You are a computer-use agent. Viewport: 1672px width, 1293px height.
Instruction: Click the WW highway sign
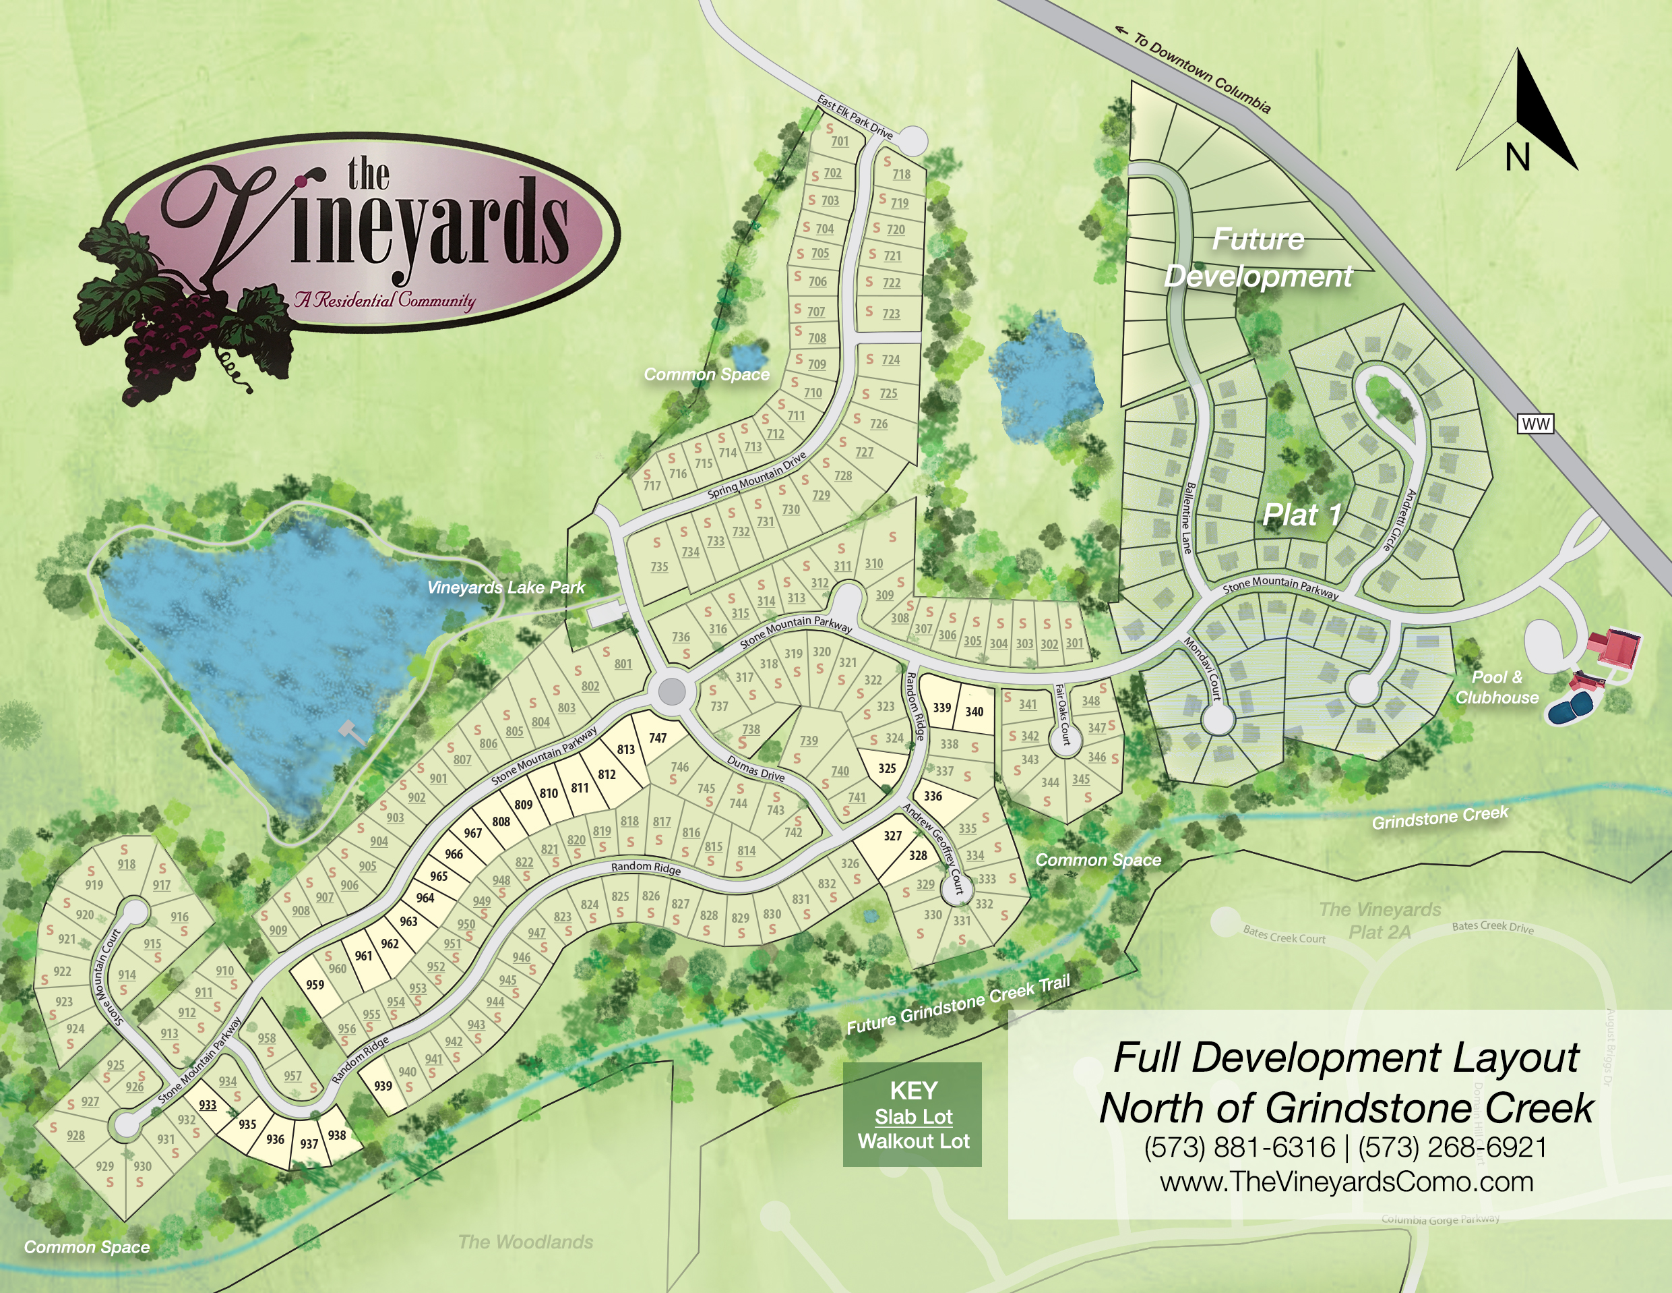click(1535, 424)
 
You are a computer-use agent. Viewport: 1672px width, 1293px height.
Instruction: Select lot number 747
click(658, 739)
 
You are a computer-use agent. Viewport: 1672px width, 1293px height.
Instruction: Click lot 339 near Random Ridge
click(941, 707)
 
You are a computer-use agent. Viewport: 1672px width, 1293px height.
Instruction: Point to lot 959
click(315, 985)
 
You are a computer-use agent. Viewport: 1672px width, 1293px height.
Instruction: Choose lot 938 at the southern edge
click(337, 1135)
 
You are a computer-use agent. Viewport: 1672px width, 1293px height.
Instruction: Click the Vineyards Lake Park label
click(505, 587)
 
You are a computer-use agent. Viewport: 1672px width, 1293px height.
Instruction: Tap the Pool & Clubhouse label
click(1497, 687)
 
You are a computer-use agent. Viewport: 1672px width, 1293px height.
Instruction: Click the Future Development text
click(1258, 258)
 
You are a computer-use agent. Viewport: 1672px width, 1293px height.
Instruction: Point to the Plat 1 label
click(1301, 515)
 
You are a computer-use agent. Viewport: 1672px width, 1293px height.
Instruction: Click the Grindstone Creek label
click(1439, 817)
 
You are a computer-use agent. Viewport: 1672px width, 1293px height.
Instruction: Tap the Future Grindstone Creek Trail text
click(958, 1004)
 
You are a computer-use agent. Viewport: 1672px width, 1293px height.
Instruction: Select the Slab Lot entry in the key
click(913, 1117)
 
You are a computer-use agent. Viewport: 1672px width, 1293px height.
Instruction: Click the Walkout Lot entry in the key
click(913, 1141)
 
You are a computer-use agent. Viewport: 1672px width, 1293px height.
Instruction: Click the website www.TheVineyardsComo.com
click(1346, 1182)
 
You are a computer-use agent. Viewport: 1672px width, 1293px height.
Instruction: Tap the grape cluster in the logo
click(164, 337)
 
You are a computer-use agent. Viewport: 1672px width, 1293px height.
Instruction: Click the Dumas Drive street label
click(755, 768)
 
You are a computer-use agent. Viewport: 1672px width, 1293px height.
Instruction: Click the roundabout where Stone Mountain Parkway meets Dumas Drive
click(671, 692)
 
